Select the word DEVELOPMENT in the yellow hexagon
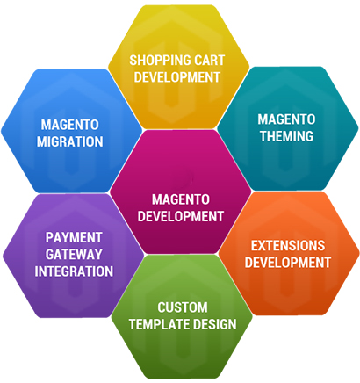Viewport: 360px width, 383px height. click(x=177, y=77)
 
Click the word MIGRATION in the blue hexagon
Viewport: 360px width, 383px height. click(x=70, y=141)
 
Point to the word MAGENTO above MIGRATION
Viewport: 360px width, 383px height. click(x=70, y=125)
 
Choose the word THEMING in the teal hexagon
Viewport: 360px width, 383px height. click(x=287, y=136)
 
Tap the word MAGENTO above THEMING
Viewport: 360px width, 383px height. click(x=287, y=119)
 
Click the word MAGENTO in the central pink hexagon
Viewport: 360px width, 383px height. click(x=181, y=199)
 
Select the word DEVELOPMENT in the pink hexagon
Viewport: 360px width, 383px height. click(x=181, y=216)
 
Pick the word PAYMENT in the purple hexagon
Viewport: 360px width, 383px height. click(x=74, y=237)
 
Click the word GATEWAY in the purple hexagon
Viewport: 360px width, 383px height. click(x=74, y=254)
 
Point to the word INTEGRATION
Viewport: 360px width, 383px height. click(x=74, y=271)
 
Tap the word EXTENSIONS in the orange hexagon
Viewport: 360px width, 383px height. click(x=288, y=246)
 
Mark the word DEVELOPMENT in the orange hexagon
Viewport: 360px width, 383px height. click(x=288, y=263)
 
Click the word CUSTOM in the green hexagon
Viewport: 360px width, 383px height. click(x=183, y=307)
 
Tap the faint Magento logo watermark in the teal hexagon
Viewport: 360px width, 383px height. click(x=288, y=128)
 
